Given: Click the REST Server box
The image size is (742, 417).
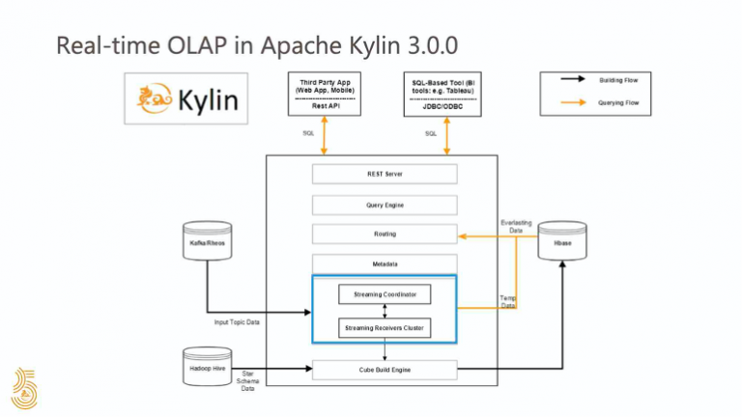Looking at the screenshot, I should click(385, 175).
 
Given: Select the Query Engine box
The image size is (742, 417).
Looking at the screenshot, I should click(385, 205).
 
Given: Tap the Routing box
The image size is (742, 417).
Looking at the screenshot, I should click(385, 234).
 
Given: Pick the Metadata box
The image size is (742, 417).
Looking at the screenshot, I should click(385, 264).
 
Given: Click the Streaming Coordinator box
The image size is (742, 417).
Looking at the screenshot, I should click(385, 294).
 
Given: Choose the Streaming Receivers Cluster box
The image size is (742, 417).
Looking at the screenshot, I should click(385, 329).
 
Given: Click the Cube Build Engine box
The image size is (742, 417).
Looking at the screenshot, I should click(385, 369).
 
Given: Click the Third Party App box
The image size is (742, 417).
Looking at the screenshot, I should click(324, 95).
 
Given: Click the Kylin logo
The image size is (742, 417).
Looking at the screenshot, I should click(185, 99).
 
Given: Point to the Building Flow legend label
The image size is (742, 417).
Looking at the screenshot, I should click(618, 79).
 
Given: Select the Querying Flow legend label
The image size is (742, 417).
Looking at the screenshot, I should click(618, 102).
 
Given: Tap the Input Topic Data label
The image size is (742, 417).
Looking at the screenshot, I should click(238, 322).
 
